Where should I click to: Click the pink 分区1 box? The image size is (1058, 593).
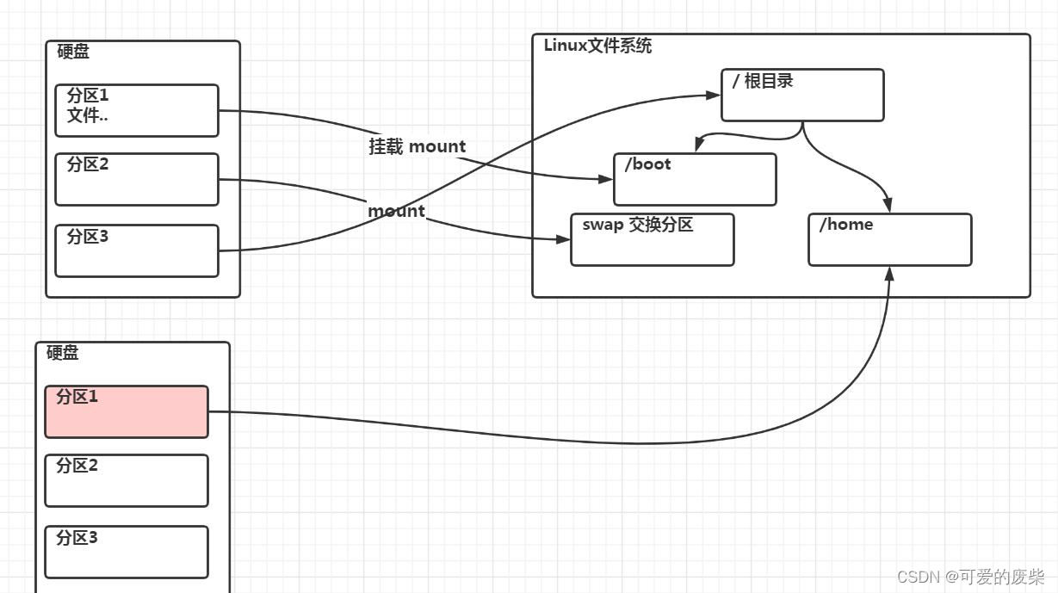pos(127,411)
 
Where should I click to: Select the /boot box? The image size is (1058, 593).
pos(695,180)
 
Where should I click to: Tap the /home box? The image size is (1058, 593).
pos(889,239)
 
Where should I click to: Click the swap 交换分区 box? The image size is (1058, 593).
pos(652,239)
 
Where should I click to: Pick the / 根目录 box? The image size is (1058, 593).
pos(802,95)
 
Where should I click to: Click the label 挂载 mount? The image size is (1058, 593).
pos(418,146)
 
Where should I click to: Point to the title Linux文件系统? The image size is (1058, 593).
pos(597,46)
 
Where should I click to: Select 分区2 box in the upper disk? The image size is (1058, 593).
pos(137,179)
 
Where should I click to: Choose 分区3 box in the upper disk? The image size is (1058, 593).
pos(137,250)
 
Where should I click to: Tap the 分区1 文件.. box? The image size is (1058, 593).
pos(137,110)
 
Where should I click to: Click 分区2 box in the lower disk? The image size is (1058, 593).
pos(127,480)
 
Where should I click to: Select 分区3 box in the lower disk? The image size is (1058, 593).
pos(127,552)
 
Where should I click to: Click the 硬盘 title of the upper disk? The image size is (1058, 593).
pos(73,52)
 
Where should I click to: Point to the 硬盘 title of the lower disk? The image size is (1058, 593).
pos(63,353)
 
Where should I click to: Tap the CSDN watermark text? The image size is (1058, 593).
pos(970,577)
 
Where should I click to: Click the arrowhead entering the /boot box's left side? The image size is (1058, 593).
pos(606,179)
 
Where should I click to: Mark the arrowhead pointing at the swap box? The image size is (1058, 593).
pos(563,239)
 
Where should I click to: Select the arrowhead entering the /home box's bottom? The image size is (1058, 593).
pos(889,274)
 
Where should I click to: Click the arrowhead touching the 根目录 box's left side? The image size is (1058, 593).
pos(714,95)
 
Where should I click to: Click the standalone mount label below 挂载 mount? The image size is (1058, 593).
pos(396,211)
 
